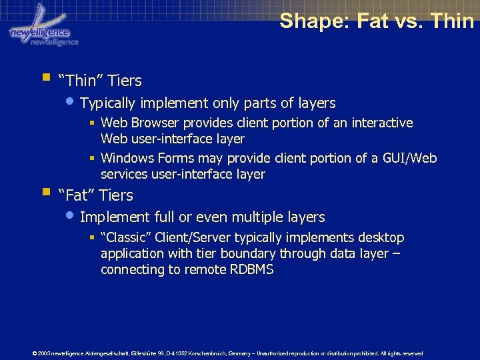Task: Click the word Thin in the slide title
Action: [452, 21]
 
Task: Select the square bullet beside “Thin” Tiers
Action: [45, 77]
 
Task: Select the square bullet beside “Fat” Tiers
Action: [45, 192]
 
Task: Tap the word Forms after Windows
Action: [175, 158]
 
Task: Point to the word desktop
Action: [381, 238]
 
